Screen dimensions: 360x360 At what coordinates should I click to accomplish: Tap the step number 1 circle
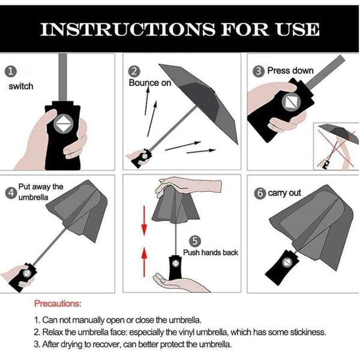click(x=10, y=71)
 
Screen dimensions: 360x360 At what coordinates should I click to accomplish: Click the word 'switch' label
click(x=21, y=86)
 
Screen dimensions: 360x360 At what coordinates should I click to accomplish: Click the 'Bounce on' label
click(x=150, y=83)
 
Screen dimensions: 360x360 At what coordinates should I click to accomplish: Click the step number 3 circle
click(x=259, y=71)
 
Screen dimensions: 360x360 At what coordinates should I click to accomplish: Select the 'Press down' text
click(x=290, y=71)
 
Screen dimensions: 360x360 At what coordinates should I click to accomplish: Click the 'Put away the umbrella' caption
click(x=40, y=193)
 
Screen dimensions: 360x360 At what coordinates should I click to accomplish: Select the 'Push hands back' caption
click(x=211, y=253)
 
